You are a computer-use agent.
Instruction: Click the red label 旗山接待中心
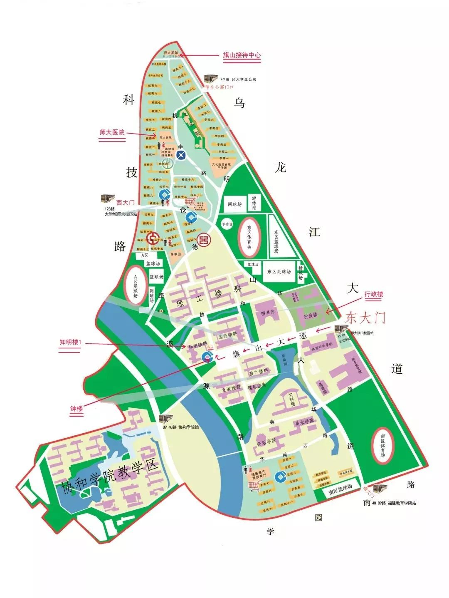click(x=242, y=55)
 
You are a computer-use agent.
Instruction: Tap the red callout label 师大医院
click(x=112, y=132)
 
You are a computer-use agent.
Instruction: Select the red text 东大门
click(x=365, y=318)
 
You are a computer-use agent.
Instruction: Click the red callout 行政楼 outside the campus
click(x=374, y=294)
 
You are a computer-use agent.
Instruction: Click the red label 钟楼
click(x=76, y=409)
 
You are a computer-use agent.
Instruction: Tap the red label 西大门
click(x=125, y=203)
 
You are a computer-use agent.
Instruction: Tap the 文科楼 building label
click(x=291, y=399)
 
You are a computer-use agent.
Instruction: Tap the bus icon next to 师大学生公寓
click(x=210, y=79)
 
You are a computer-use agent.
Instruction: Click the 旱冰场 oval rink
click(x=227, y=224)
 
